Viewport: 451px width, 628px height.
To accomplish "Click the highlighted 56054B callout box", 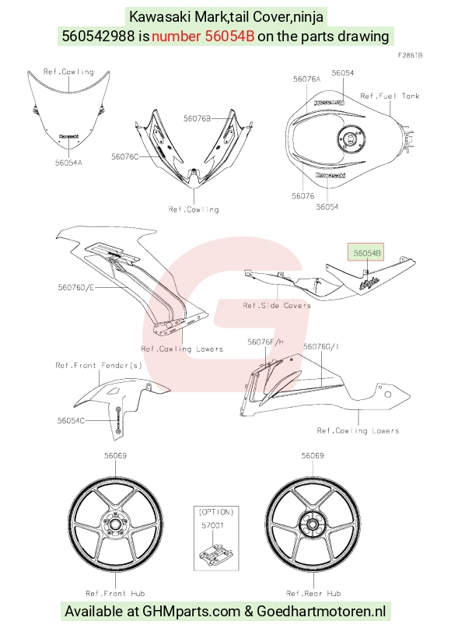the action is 366,252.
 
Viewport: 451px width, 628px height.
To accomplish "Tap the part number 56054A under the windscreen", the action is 68,163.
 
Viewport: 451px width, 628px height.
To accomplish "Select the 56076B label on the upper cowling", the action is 197,118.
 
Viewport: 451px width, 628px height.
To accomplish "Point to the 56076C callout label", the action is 125,156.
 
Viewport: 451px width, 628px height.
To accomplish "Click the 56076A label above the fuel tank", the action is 306,79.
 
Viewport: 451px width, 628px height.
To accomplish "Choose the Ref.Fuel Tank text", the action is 390,96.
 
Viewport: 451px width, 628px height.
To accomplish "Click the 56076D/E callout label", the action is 76,287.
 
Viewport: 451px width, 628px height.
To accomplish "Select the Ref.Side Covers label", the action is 277,305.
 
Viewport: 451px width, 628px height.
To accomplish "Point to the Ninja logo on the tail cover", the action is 369,283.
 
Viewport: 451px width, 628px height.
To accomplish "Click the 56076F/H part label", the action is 265,342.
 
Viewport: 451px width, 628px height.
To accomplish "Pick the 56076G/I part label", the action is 321,346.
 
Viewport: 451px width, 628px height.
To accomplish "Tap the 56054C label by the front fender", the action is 71,420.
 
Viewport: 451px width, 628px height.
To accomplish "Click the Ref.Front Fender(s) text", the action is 99,365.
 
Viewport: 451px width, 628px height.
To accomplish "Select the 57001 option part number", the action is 212,525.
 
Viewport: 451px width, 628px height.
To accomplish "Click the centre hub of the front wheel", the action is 115,524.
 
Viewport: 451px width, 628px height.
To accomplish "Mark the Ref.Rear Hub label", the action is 313,593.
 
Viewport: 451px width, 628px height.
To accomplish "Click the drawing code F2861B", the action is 411,55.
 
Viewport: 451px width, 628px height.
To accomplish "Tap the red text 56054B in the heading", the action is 229,36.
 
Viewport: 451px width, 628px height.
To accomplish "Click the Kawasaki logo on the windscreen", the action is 69,137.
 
